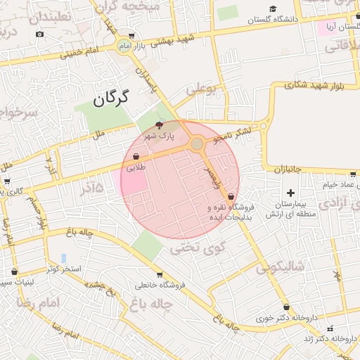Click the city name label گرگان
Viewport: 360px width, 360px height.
[x=110, y=98]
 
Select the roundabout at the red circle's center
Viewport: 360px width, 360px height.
[x=197, y=144]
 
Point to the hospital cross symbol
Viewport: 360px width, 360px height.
[x=290, y=192]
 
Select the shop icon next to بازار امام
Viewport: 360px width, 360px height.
[x=132, y=35]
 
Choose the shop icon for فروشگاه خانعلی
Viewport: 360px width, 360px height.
[x=160, y=275]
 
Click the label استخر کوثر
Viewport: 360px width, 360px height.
[x=63, y=269]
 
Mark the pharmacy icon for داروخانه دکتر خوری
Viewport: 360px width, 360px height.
[x=286, y=307]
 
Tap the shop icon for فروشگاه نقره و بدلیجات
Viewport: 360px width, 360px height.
[x=231, y=198]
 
